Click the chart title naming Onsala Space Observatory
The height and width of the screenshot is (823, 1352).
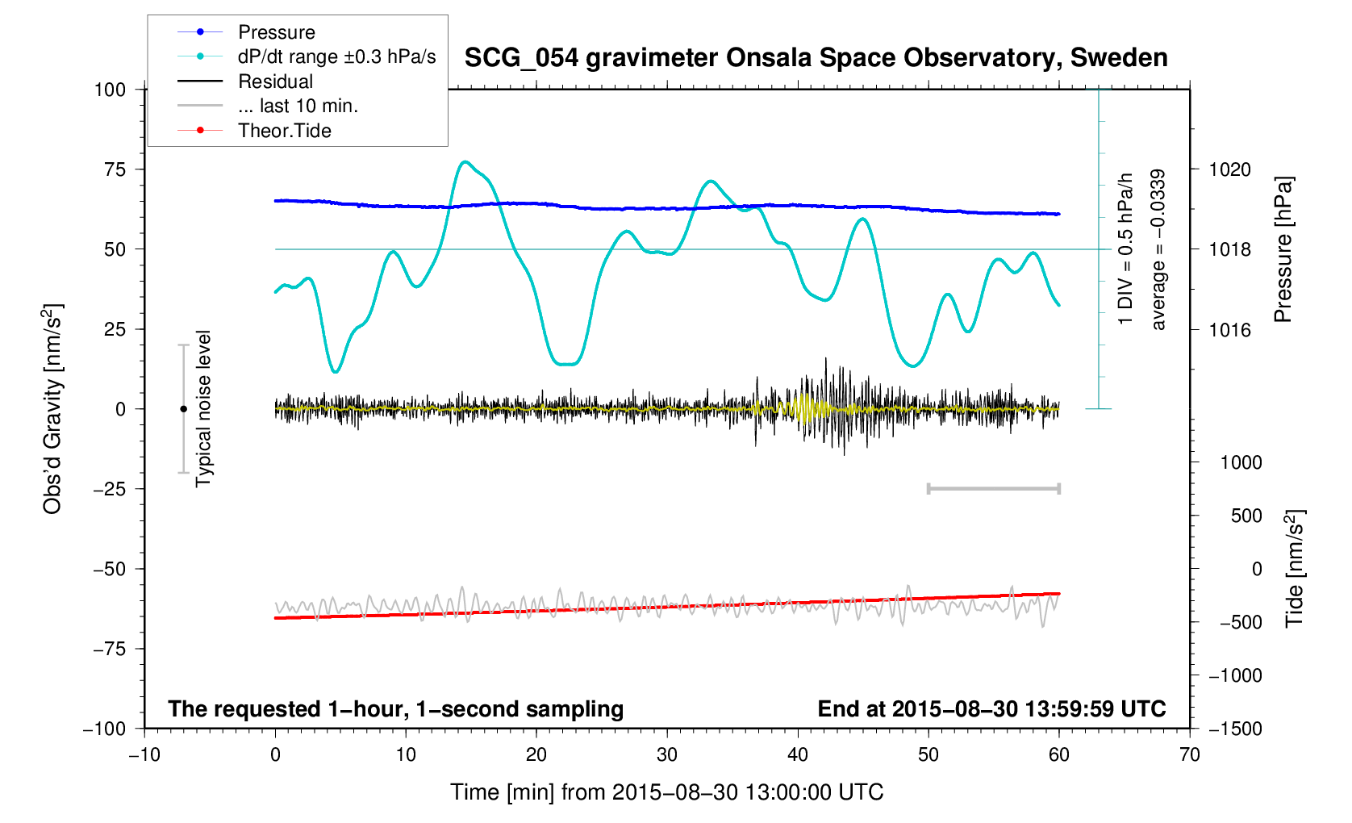(x=816, y=58)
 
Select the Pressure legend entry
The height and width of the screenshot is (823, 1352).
(x=276, y=32)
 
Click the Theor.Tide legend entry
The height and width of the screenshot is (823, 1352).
(x=284, y=131)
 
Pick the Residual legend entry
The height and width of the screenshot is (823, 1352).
(x=275, y=81)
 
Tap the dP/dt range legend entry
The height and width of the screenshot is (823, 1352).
(x=336, y=56)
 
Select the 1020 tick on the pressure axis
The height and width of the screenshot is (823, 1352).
(x=1229, y=169)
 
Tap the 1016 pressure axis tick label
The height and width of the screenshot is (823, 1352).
(x=1229, y=329)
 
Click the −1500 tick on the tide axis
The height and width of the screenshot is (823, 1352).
(x=1234, y=729)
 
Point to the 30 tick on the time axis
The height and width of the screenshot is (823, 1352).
(x=667, y=755)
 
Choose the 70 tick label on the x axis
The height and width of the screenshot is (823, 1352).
(x=1189, y=755)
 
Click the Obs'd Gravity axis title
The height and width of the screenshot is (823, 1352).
(x=52, y=409)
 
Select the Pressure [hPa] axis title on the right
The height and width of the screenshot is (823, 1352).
(x=1283, y=249)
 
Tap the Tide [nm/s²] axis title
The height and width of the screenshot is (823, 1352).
(x=1294, y=569)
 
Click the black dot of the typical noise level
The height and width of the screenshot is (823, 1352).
(x=183, y=409)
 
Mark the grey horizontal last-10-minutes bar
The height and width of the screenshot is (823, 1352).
(x=993, y=488)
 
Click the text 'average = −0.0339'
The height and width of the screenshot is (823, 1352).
(x=1158, y=249)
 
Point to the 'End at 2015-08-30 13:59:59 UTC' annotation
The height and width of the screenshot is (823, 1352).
(x=991, y=709)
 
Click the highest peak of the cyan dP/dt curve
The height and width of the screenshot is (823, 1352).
(x=465, y=161)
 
